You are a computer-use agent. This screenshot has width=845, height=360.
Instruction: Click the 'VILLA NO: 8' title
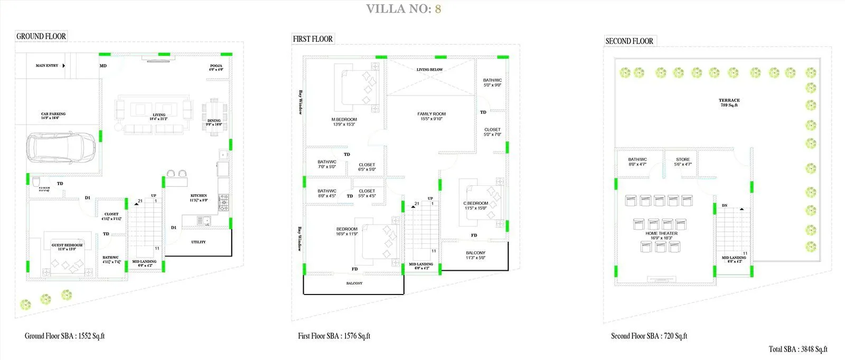(403, 9)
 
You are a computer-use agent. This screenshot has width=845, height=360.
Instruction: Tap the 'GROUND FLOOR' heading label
(41, 36)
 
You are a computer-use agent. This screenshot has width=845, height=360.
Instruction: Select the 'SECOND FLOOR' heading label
(629, 41)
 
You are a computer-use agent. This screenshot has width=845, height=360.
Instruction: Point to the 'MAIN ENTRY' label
(47, 65)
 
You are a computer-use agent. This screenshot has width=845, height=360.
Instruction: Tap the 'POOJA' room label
(216, 66)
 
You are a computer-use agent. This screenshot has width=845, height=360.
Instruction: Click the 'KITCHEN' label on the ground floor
(199, 196)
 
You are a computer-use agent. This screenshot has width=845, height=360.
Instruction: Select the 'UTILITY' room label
(199, 242)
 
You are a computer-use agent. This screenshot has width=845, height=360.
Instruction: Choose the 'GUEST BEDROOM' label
(67, 245)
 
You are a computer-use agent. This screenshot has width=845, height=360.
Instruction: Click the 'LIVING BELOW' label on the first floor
(429, 70)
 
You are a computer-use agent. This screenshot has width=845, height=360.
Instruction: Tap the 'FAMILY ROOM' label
(431, 114)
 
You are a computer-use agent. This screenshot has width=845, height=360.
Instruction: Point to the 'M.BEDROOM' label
(344, 120)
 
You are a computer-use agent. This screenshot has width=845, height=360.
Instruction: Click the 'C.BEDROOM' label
(476, 203)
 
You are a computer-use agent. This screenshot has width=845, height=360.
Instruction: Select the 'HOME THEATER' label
(661, 233)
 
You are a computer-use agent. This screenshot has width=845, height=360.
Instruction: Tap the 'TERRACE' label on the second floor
(729, 100)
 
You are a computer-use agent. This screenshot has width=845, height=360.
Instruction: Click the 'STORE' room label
(683, 159)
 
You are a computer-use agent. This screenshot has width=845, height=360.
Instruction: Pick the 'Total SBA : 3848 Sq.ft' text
(798, 349)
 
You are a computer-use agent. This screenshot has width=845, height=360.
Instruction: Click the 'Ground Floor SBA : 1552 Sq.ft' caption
(65, 336)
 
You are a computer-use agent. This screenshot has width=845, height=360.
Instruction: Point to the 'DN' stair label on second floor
(725, 205)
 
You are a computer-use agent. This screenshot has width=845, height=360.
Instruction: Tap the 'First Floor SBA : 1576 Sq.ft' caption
(334, 336)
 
